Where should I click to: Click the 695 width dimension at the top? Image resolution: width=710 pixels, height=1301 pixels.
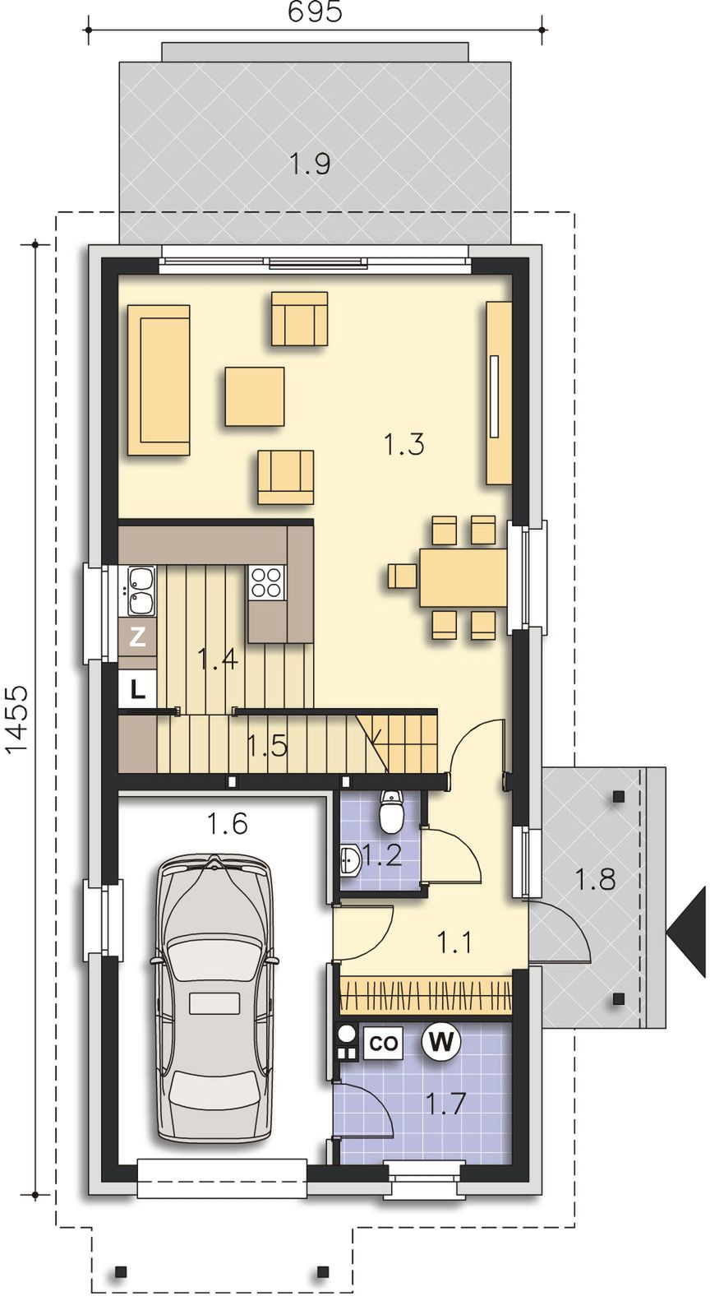(x=316, y=12)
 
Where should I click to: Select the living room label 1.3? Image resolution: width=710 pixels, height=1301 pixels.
(x=404, y=445)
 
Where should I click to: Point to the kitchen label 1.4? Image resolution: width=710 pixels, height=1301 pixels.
(x=218, y=660)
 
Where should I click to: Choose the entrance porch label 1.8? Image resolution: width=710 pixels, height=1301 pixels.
(x=594, y=879)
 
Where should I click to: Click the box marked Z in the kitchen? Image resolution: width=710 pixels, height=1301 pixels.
(x=137, y=637)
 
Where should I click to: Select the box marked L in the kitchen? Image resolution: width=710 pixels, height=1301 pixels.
(x=137, y=689)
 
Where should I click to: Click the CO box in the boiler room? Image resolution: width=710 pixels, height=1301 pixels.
(x=384, y=1044)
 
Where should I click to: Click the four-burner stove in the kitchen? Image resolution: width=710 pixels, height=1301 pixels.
(x=266, y=582)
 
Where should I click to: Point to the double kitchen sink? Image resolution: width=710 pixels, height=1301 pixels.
(x=141, y=590)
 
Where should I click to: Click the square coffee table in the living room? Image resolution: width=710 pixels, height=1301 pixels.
(x=255, y=396)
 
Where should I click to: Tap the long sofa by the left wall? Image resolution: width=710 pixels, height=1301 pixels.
(x=159, y=380)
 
